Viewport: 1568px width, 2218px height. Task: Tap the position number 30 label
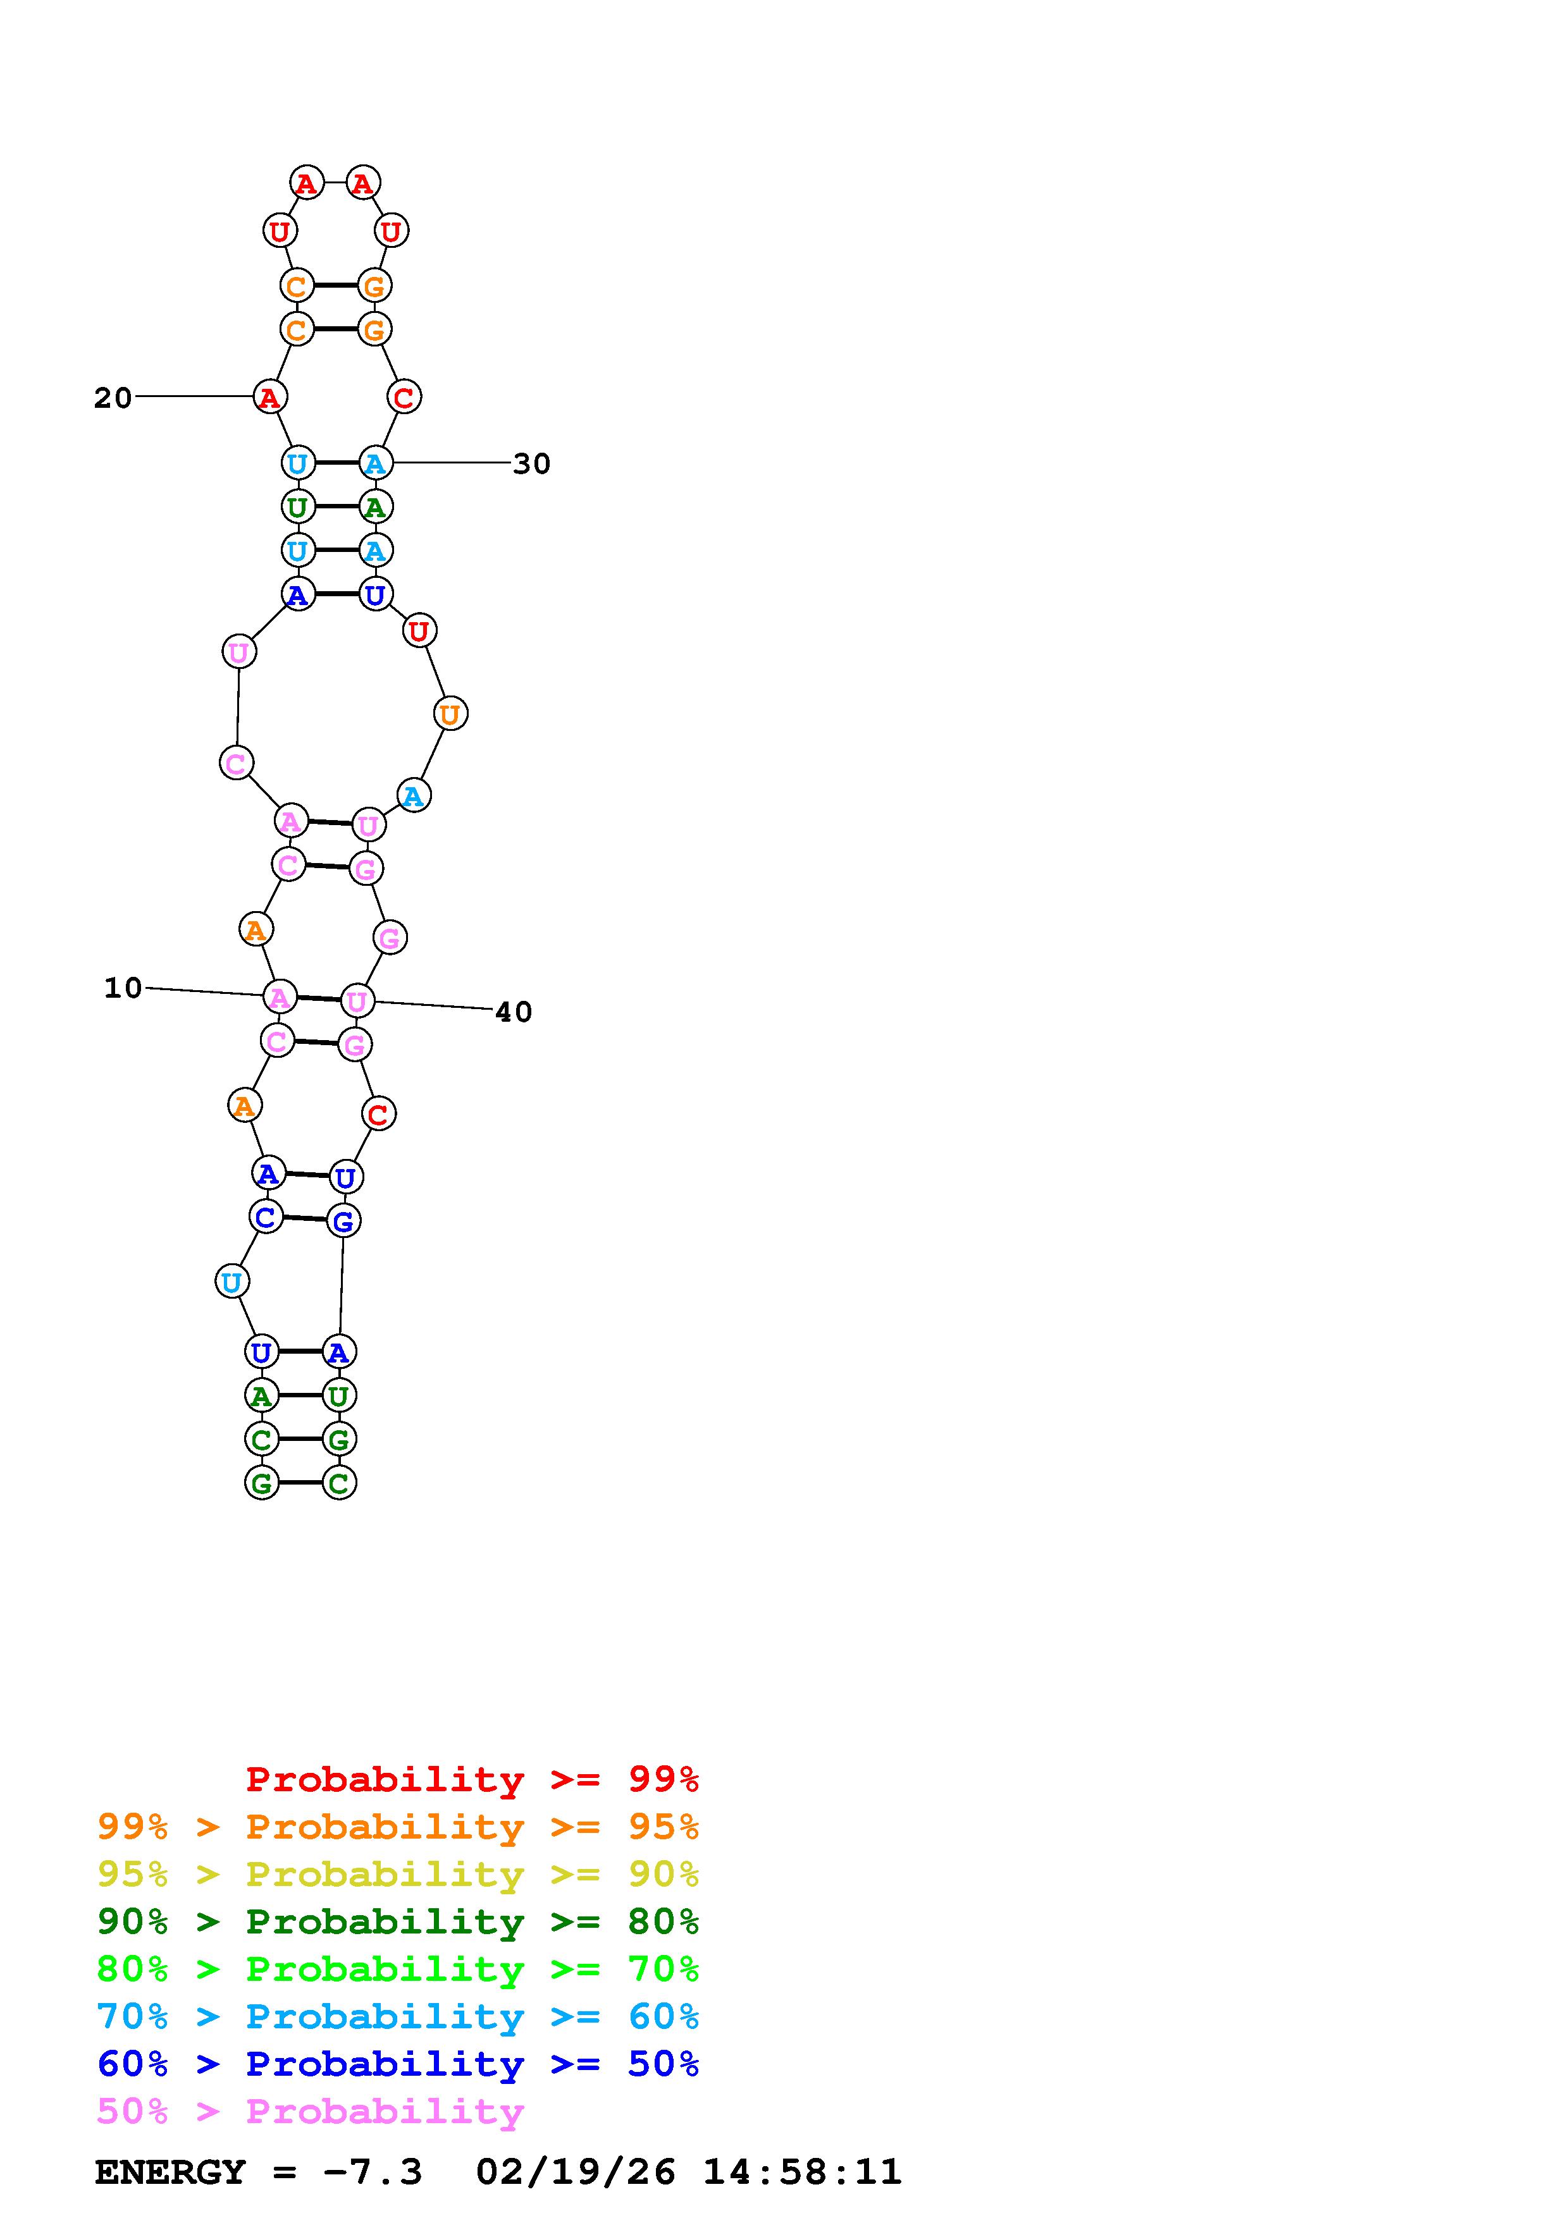point(531,463)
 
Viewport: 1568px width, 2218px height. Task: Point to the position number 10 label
point(123,987)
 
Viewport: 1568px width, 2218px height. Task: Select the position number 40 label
point(513,1012)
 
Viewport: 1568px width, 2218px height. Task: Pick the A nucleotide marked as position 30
point(375,463)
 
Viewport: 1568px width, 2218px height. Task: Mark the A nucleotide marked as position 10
point(279,996)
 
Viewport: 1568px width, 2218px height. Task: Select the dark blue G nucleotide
point(343,1221)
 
